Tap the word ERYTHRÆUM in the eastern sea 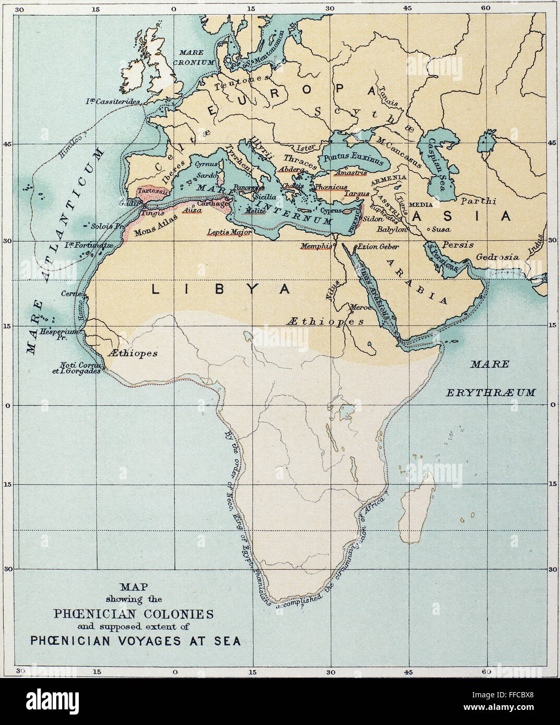pyautogui.click(x=490, y=392)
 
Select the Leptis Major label pyautogui.click(x=229, y=232)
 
